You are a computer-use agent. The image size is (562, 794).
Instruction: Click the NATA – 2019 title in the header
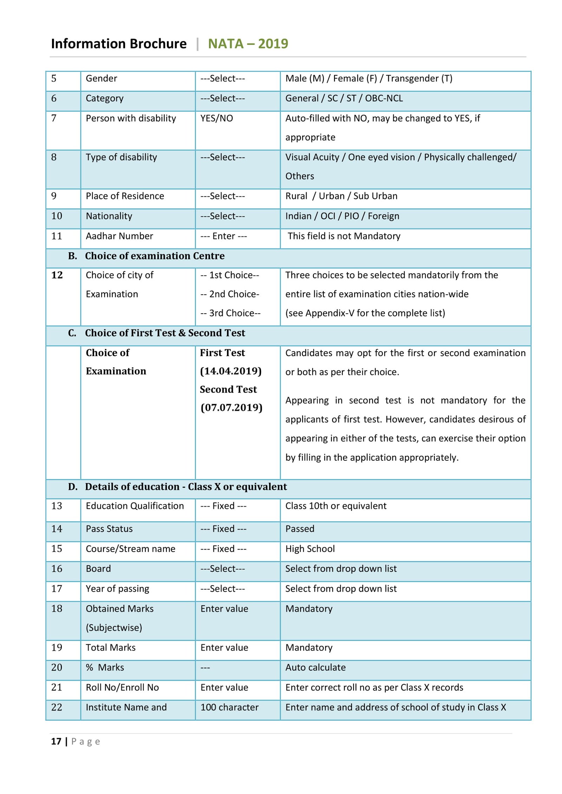[x=248, y=44]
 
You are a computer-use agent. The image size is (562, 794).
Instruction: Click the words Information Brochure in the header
[x=119, y=44]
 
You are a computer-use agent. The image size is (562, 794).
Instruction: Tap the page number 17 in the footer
[x=56, y=741]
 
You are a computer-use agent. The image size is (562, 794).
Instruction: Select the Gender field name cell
[x=102, y=78]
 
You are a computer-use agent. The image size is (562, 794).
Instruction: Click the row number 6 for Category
[x=54, y=98]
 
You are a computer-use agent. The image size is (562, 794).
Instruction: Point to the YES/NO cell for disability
[x=216, y=118]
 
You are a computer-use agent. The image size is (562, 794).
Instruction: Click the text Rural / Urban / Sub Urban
[x=341, y=196]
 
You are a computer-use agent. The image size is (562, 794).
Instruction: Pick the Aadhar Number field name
[x=119, y=236]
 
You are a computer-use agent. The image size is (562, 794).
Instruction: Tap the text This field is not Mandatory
[x=344, y=236]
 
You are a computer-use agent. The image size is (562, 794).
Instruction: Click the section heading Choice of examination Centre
[x=155, y=256]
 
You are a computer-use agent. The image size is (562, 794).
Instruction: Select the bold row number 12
[x=57, y=275]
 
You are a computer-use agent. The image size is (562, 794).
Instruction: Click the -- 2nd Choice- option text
[x=230, y=294]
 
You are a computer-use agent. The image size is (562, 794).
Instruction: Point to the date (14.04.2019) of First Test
[x=231, y=371]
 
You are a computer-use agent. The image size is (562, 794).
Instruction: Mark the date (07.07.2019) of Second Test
[x=231, y=407]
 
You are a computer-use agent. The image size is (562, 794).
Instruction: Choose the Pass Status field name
[x=109, y=529]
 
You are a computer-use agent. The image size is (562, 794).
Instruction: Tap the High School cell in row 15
[x=310, y=549]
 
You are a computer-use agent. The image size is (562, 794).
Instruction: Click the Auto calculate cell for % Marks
[x=315, y=667]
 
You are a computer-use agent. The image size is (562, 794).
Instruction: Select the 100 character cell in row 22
[x=229, y=707]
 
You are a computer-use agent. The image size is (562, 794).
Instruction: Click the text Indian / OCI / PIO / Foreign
[x=342, y=216]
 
